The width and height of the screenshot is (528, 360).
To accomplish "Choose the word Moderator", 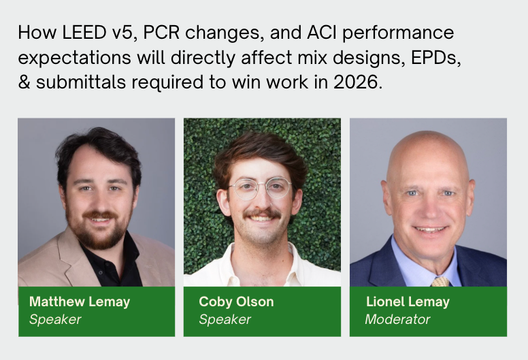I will pos(397,318).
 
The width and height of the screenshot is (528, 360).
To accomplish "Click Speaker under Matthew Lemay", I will pos(55,318).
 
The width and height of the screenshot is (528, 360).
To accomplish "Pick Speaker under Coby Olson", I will pos(225,318).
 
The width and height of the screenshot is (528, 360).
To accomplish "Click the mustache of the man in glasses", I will pos(262,214).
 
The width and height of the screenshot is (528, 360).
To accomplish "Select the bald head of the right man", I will pos(428,150).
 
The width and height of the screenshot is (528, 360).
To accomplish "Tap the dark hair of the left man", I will pos(95,146).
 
